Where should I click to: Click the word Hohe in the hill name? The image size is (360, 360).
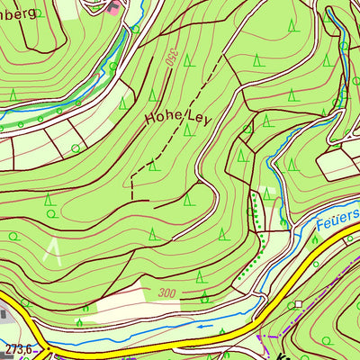(161, 117)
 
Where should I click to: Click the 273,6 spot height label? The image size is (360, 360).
(17, 347)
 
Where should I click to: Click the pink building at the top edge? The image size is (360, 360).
(112, 8)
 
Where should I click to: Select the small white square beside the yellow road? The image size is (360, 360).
(298, 305)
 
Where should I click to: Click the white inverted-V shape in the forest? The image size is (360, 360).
(54, 252)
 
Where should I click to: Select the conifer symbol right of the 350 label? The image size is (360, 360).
(187, 60)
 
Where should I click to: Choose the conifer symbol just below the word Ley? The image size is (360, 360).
(187, 129)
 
